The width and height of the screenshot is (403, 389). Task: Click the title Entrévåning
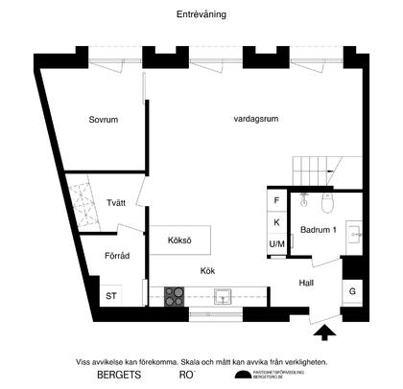201,14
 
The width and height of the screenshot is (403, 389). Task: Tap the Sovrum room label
104,121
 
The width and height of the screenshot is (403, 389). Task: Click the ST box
111,295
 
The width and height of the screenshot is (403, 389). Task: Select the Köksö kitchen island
180,239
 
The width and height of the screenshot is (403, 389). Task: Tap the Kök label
207,270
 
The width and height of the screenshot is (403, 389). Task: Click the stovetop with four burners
175,295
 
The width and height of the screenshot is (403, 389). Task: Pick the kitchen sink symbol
223,294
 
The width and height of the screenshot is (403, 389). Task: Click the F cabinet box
276,201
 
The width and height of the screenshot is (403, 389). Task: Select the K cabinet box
276,222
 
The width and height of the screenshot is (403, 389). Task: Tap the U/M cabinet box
276,244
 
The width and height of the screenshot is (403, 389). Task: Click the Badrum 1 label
317,231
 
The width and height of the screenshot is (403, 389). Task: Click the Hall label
306,283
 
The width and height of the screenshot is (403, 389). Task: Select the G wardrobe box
352,291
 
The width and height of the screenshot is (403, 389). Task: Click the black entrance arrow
325,332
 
